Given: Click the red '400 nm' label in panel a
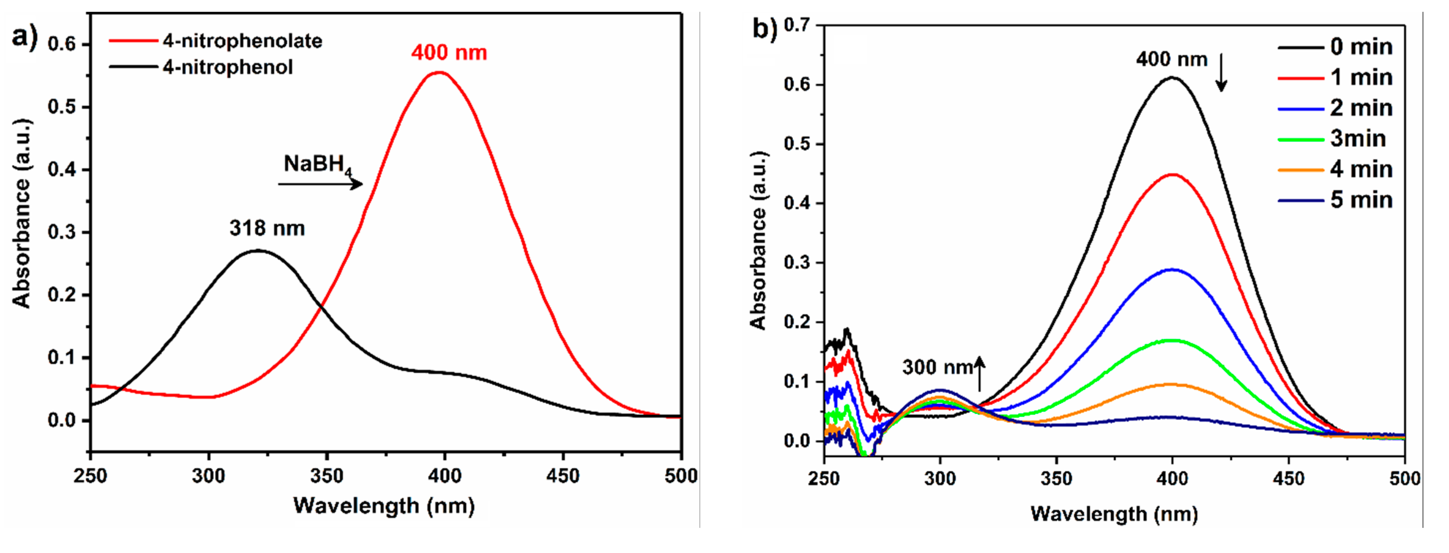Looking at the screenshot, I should (449, 53).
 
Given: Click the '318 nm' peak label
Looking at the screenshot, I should (267, 228).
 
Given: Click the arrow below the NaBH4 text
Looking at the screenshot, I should (320, 184).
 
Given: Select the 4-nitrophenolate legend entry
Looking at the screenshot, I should (242, 41).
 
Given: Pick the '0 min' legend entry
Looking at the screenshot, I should (1361, 47).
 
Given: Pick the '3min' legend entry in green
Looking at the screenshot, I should (1357, 138).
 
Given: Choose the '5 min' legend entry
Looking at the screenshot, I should (1361, 200).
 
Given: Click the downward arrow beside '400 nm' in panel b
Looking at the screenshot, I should (1221, 72).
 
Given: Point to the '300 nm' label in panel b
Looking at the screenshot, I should (937, 367).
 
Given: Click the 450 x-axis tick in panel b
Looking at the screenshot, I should (1289, 479).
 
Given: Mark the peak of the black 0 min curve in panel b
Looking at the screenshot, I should (1172, 78).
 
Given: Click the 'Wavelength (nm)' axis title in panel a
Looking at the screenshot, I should (384, 506).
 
